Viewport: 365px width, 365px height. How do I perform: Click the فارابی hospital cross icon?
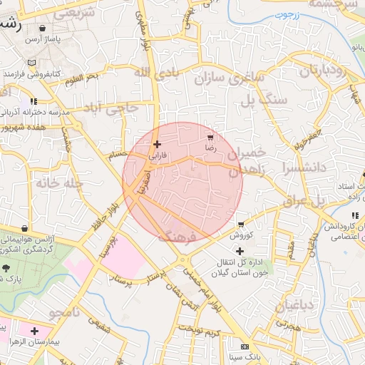pos(157,144)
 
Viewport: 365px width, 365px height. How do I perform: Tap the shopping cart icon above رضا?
pos(210,137)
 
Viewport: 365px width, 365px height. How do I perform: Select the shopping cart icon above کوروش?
pos(242,224)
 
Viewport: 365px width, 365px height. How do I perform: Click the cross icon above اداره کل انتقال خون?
pos(240,251)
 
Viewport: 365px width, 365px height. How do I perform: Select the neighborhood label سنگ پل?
pos(268,99)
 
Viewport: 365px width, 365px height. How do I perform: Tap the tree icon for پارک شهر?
pos(6,268)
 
